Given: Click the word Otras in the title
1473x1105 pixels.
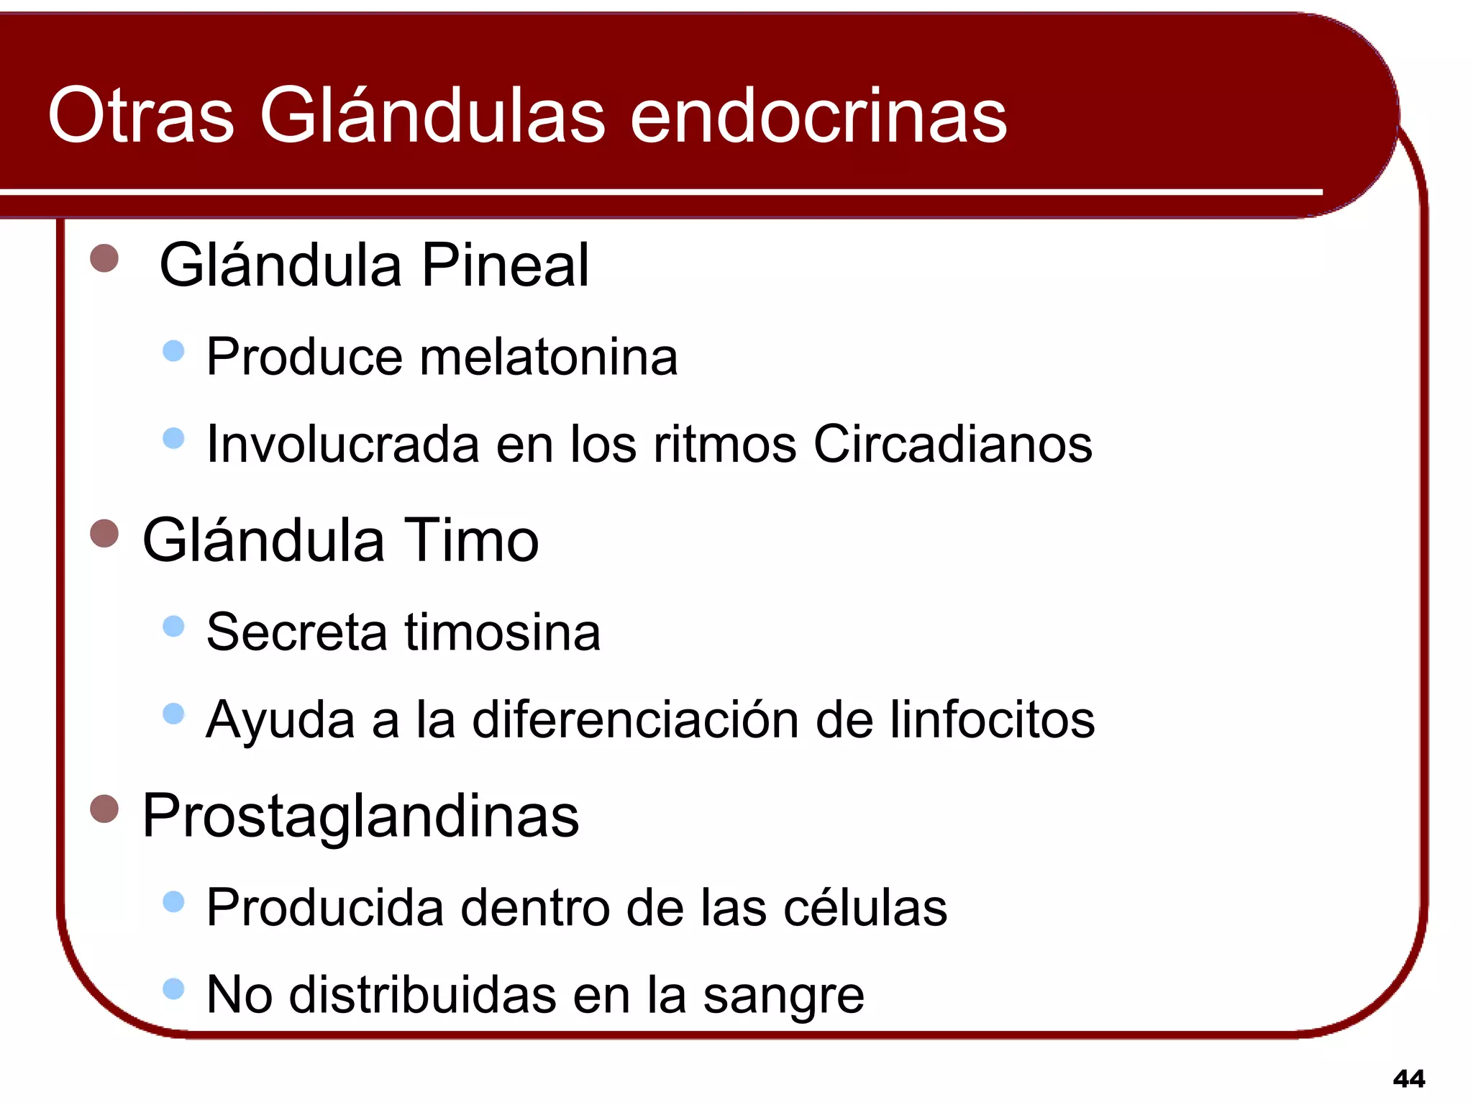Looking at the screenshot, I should pos(141,115).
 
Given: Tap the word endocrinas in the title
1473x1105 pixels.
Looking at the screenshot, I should pos(818,115).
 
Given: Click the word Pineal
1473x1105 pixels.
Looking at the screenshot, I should pos(505,265).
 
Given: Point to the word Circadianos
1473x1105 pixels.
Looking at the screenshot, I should pos(952,444).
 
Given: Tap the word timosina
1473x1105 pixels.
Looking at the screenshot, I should pos(502,632).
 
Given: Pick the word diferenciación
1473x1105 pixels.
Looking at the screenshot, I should pos(635,719).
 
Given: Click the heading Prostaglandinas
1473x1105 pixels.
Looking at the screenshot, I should pos(360,816).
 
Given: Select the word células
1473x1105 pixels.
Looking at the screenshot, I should pos(865,908).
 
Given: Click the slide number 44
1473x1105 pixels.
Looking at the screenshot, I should pos(1408,1078).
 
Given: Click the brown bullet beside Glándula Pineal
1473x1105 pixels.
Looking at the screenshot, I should pos(104,258).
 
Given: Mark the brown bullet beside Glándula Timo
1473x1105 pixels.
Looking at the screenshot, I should pos(104,534).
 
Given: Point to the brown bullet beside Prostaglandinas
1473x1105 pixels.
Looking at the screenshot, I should pos(104,809).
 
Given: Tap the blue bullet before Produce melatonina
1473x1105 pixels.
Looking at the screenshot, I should pos(173,351).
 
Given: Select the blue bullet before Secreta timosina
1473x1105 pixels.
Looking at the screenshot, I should pos(173,626).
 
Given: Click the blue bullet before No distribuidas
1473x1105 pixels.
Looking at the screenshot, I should pos(173,988).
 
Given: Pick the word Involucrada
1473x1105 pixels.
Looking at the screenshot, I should pos(342,444).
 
